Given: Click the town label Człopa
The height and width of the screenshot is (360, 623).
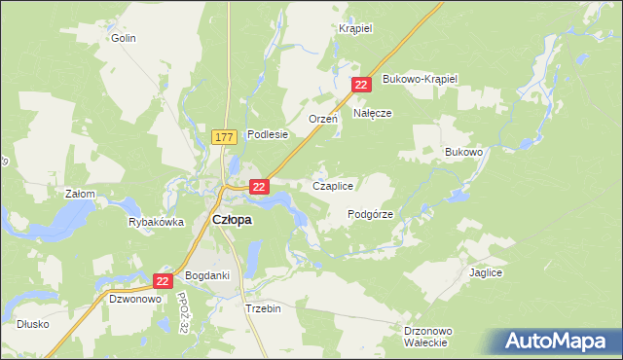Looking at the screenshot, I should tap(232, 220).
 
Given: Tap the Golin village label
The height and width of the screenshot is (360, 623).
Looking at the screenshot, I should tap(123, 38).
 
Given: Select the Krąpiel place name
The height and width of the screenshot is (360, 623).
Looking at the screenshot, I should tap(356, 28).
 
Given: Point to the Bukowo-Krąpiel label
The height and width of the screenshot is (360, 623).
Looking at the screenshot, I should tap(420, 78).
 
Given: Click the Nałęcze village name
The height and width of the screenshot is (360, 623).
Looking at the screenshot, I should tap(372, 113).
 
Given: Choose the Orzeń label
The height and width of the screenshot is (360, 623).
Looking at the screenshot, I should tap(322, 118).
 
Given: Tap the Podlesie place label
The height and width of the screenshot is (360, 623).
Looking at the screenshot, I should tap(268, 135).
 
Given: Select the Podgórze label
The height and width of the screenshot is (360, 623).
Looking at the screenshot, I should tap(370, 214).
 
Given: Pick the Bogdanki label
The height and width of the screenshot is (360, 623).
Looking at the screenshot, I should tap(207, 275).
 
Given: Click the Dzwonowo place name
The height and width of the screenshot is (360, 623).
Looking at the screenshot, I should tap(133, 300).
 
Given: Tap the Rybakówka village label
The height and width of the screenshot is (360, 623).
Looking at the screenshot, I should tap(156, 222).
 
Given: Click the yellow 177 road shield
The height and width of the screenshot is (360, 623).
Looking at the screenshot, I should tap(223, 138).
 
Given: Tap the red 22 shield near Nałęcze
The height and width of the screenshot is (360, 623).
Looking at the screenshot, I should tap(361, 86).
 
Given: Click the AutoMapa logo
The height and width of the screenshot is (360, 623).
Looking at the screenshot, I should tap(560, 341).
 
